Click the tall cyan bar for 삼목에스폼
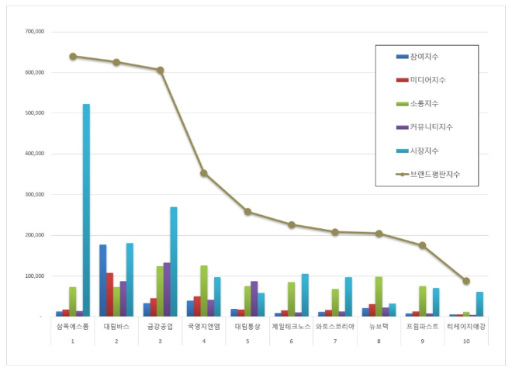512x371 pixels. pos(86,210)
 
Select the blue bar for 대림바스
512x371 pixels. pos(102,280)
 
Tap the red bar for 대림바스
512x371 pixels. pos(109,294)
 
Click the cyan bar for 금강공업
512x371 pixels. pos(174,262)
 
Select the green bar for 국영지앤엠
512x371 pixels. pos(204,290)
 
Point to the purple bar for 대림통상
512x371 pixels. pos(254,298)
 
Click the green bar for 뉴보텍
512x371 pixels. pos(379,296)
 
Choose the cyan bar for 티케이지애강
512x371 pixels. pos(480,303)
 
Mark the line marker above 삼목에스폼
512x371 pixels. pos(73,56)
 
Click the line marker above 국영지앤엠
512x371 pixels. pos(203,173)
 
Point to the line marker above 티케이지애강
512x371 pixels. pos(466,281)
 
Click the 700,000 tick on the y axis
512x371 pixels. pos(35,32)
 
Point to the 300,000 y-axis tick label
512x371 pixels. pos(35,195)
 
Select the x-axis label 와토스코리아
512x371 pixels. pos(335,327)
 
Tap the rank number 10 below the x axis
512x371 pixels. pos(466,341)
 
